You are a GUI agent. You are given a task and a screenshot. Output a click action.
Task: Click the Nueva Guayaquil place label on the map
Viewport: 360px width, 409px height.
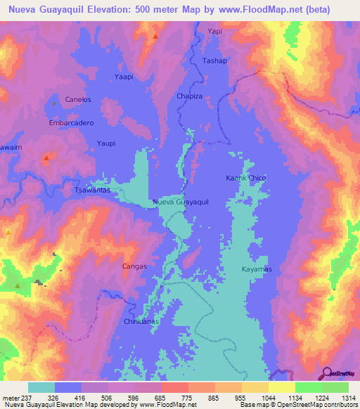coord(181,202)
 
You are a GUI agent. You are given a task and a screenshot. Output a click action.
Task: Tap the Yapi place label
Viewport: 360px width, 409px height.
coord(214,32)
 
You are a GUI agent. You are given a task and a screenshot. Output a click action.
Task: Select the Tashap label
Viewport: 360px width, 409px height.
coord(214,61)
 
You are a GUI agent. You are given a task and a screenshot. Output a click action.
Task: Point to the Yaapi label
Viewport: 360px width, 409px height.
coord(123,76)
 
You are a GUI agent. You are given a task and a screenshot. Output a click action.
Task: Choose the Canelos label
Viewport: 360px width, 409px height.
coord(78,100)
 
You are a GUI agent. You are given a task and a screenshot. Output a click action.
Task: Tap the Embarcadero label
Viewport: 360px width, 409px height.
coord(72,122)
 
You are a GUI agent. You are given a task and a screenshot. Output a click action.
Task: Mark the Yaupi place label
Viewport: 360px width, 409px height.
coord(105,143)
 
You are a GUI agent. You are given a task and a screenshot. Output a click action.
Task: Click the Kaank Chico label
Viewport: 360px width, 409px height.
coord(245,178)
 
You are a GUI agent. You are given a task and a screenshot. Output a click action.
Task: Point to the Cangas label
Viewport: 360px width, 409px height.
coord(134,266)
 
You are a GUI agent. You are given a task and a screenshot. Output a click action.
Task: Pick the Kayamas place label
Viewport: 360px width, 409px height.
coord(257,270)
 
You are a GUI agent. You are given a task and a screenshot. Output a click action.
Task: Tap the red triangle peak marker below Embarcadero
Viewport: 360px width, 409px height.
coord(46,158)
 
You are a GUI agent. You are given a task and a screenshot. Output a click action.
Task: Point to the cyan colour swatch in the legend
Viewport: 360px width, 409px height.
coord(41,387)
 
